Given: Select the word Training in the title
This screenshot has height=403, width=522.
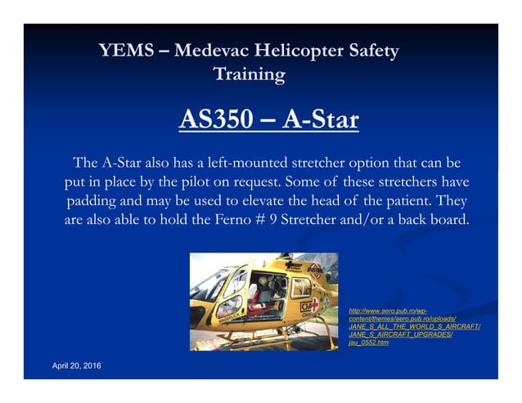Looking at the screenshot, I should (249, 75).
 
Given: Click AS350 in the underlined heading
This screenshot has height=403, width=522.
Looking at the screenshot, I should (217, 121).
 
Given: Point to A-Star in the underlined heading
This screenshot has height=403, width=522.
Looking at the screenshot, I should (320, 121).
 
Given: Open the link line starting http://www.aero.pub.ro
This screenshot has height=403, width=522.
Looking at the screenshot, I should (389, 311).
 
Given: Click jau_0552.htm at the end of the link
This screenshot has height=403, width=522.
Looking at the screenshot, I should (369, 343).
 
